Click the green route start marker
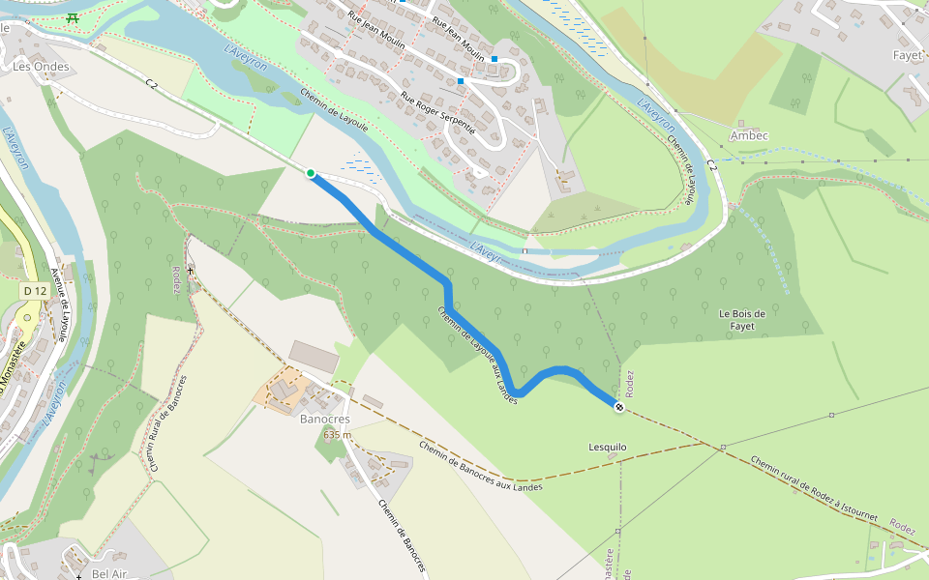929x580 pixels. [311, 173]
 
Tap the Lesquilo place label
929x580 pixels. [608, 447]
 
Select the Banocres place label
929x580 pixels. [324, 420]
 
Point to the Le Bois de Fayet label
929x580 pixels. [742, 319]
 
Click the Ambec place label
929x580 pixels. [749, 136]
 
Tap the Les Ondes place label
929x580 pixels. [35, 67]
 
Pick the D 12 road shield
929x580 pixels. [35, 291]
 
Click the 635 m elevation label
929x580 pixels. [337, 435]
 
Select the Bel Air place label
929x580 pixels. [110, 573]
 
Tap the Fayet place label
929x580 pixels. [907, 56]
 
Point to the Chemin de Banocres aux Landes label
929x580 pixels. [480, 467]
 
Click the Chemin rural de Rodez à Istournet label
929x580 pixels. [813, 489]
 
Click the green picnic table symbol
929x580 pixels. [74, 17]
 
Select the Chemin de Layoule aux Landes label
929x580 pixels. [476, 355]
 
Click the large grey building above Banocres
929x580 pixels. [315, 356]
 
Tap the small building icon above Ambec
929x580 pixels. [741, 124]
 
